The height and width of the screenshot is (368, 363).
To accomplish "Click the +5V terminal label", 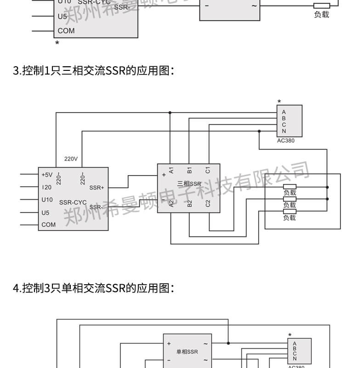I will (x=47, y=175).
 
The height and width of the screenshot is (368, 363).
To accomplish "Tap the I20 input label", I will (x=46, y=188).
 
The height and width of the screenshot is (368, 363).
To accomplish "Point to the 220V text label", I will (x=71, y=159).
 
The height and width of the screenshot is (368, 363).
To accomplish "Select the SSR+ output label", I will (x=96, y=188).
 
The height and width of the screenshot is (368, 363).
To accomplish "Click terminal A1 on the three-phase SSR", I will (x=171, y=170).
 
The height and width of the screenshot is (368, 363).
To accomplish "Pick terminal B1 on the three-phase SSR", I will (x=189, y=170).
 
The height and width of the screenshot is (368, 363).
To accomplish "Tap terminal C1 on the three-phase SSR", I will (x=208, y=170).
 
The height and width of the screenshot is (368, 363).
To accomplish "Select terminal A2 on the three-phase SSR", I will (x=171, y=203).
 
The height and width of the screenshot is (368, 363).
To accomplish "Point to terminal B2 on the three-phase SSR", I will (x=189, y=203).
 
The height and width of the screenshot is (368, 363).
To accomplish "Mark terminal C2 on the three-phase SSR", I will (x=208, y=203).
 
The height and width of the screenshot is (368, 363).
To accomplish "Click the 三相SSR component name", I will (x=189, y=184).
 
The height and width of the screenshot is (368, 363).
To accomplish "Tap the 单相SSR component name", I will (x=187, y=352).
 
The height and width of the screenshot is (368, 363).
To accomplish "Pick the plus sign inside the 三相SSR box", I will (x=164, y=175).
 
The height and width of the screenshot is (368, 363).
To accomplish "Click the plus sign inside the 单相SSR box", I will (x=169, y=344).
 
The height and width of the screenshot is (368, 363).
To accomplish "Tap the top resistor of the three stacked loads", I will (x=289, y=187).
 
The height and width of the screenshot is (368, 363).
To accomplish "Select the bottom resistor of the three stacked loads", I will (x=289, y=212).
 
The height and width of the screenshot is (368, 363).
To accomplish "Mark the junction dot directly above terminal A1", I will (x=170, y=112).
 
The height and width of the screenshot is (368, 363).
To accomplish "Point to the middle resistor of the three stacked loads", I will (x=289, y=199).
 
